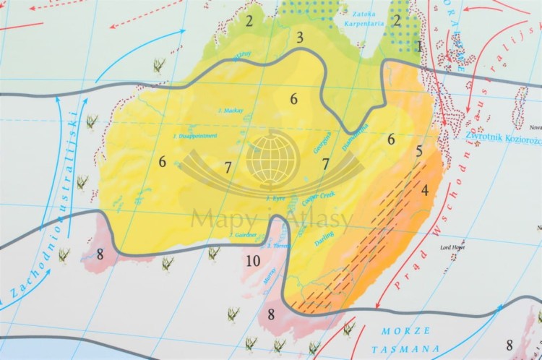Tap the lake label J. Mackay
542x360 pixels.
coord(230,111)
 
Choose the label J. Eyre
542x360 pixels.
coord(277,197)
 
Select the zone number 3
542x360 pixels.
coord(299,38)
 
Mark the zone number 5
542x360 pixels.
coord(419,152)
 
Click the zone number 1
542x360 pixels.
coord(419,46)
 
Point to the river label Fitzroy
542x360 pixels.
coord(241,55)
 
